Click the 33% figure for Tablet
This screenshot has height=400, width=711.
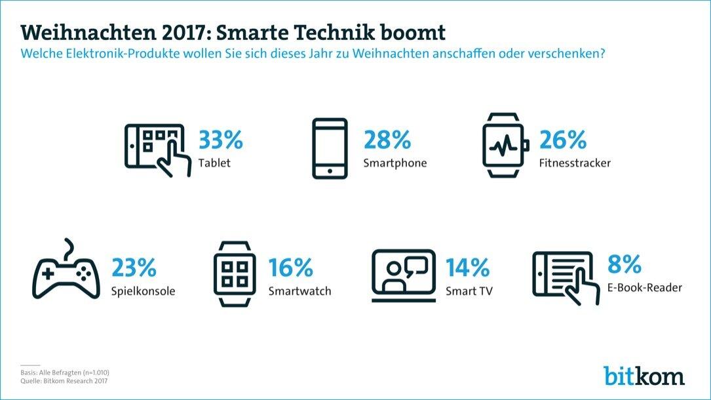(x=221, y=140)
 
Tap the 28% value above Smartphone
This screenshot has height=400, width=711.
(x=387, y=140)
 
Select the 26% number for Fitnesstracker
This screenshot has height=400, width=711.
(x=562, y=140)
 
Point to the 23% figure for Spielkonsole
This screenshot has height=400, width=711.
(x=134, y=268)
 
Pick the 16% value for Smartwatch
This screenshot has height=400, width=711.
(x=291, y=268)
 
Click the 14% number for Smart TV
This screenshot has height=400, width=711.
(x=467, y=268)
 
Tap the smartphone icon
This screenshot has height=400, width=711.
(x=330, y=148)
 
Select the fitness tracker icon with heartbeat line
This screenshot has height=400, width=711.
(x=504, y=147)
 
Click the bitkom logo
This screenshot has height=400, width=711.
(x=644, y=375)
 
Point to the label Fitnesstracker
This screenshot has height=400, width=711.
(x=574, y=163)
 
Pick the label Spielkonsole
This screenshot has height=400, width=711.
(x=143, y=290)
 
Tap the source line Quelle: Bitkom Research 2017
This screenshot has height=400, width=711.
(x=64, y=380)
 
